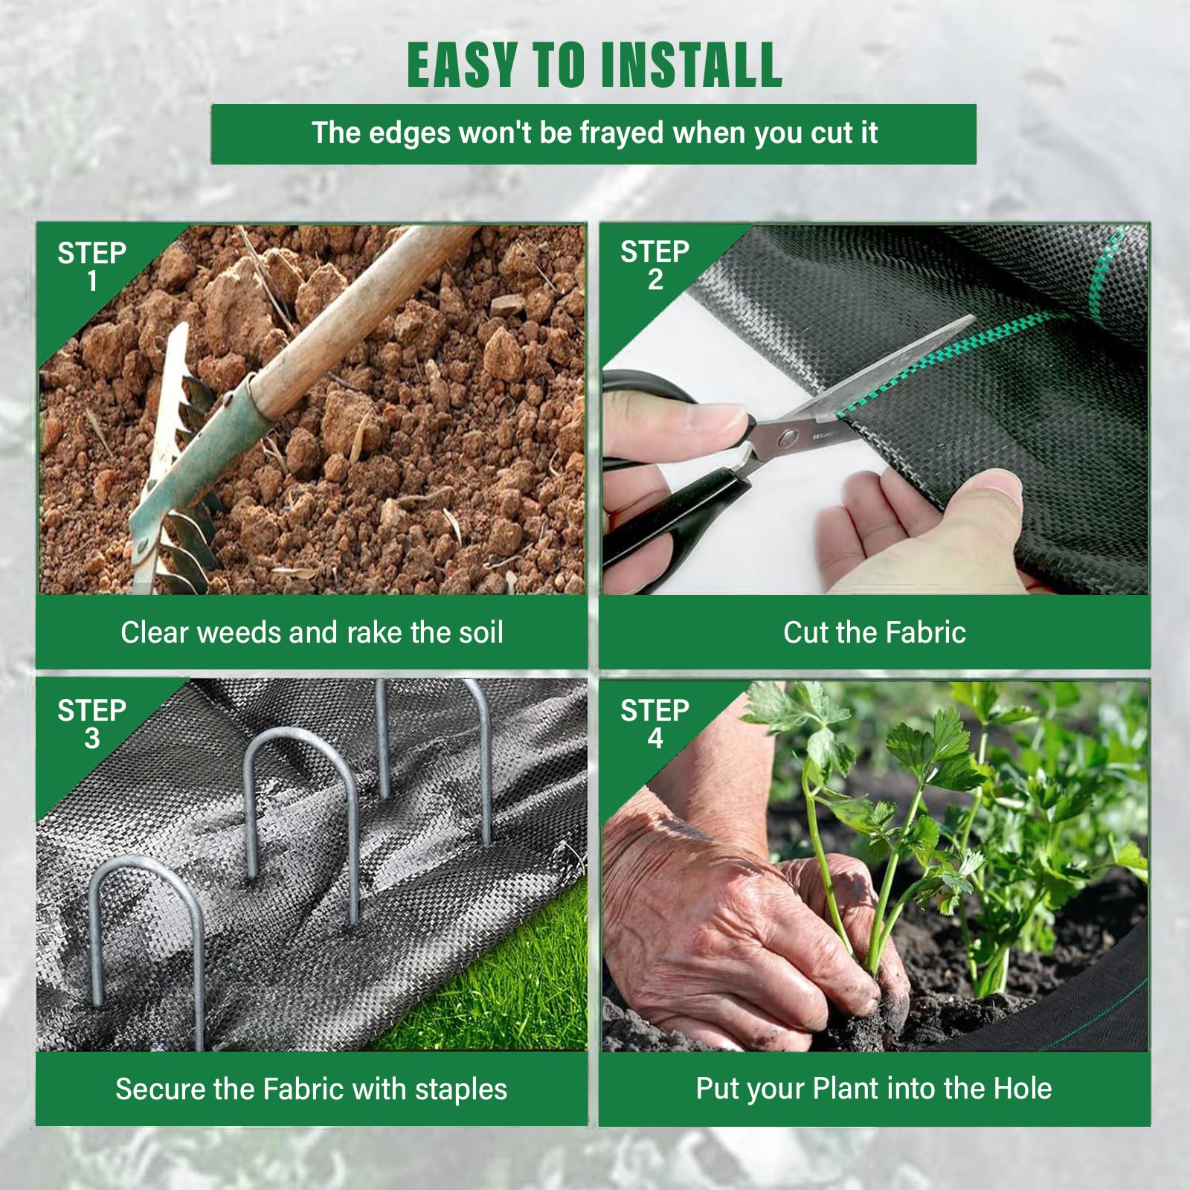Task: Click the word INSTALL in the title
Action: [x=691, y=65]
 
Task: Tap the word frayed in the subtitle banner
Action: [x=622, y=133]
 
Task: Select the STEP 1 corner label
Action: [x=91, y=267]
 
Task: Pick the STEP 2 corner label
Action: [x=654, y=266]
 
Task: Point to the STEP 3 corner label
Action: [x=91, y=724]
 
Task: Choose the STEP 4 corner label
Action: [x=654, y=724]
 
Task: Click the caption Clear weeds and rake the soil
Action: [x=312, y=632]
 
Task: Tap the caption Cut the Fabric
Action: [x=874, y=632]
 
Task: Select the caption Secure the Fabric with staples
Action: [x=311, y=1089]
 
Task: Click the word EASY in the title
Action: [x=462, y=65]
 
